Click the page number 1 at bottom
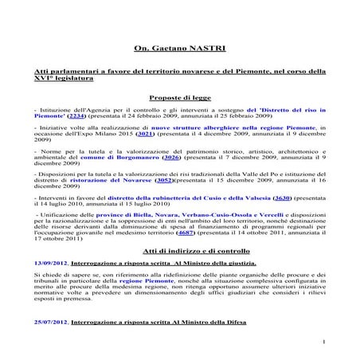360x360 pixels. pos(327,345)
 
